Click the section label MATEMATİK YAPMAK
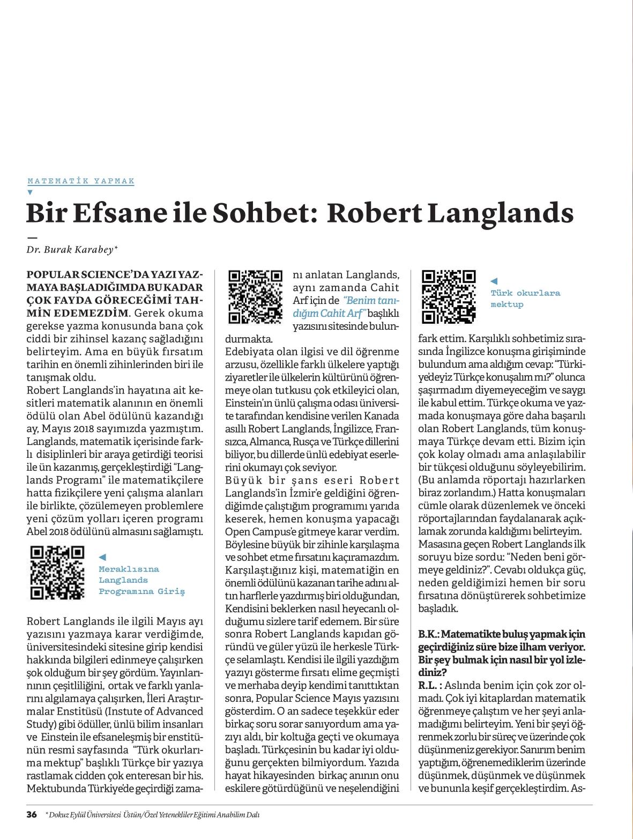pos(81,181)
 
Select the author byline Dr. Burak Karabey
pos(72,249)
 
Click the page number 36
pos(32,815)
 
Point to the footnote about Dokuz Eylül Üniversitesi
pos(153,815)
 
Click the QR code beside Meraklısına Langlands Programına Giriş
pos(57,572)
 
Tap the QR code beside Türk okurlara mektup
pos(449,297)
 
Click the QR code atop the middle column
pos(255,297)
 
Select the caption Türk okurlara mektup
pos(518,299)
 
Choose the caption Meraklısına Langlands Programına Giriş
pos(141,580)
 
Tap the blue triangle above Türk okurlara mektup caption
pos(494,281)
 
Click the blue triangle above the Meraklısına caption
pos(102,558)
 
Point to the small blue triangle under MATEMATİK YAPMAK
pos(30,192)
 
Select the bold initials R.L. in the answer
pos(429,686)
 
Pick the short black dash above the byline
pos(32,236)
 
